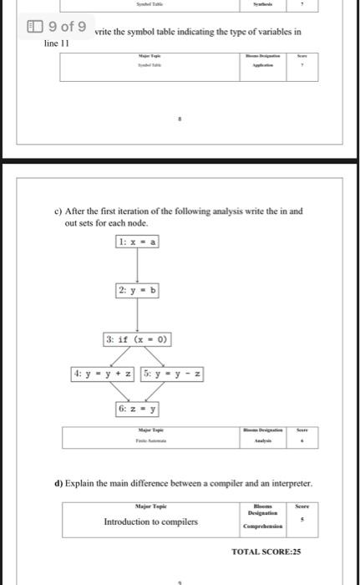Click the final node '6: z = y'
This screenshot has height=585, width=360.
[x=138, y=409]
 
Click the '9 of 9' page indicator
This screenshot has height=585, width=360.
[x=61, y=27]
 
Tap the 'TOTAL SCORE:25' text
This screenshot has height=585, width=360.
[x=266, y=552]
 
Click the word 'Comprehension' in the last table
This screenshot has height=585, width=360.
[x=262, y=527]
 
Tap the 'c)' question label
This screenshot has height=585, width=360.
[x=68, y=212]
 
